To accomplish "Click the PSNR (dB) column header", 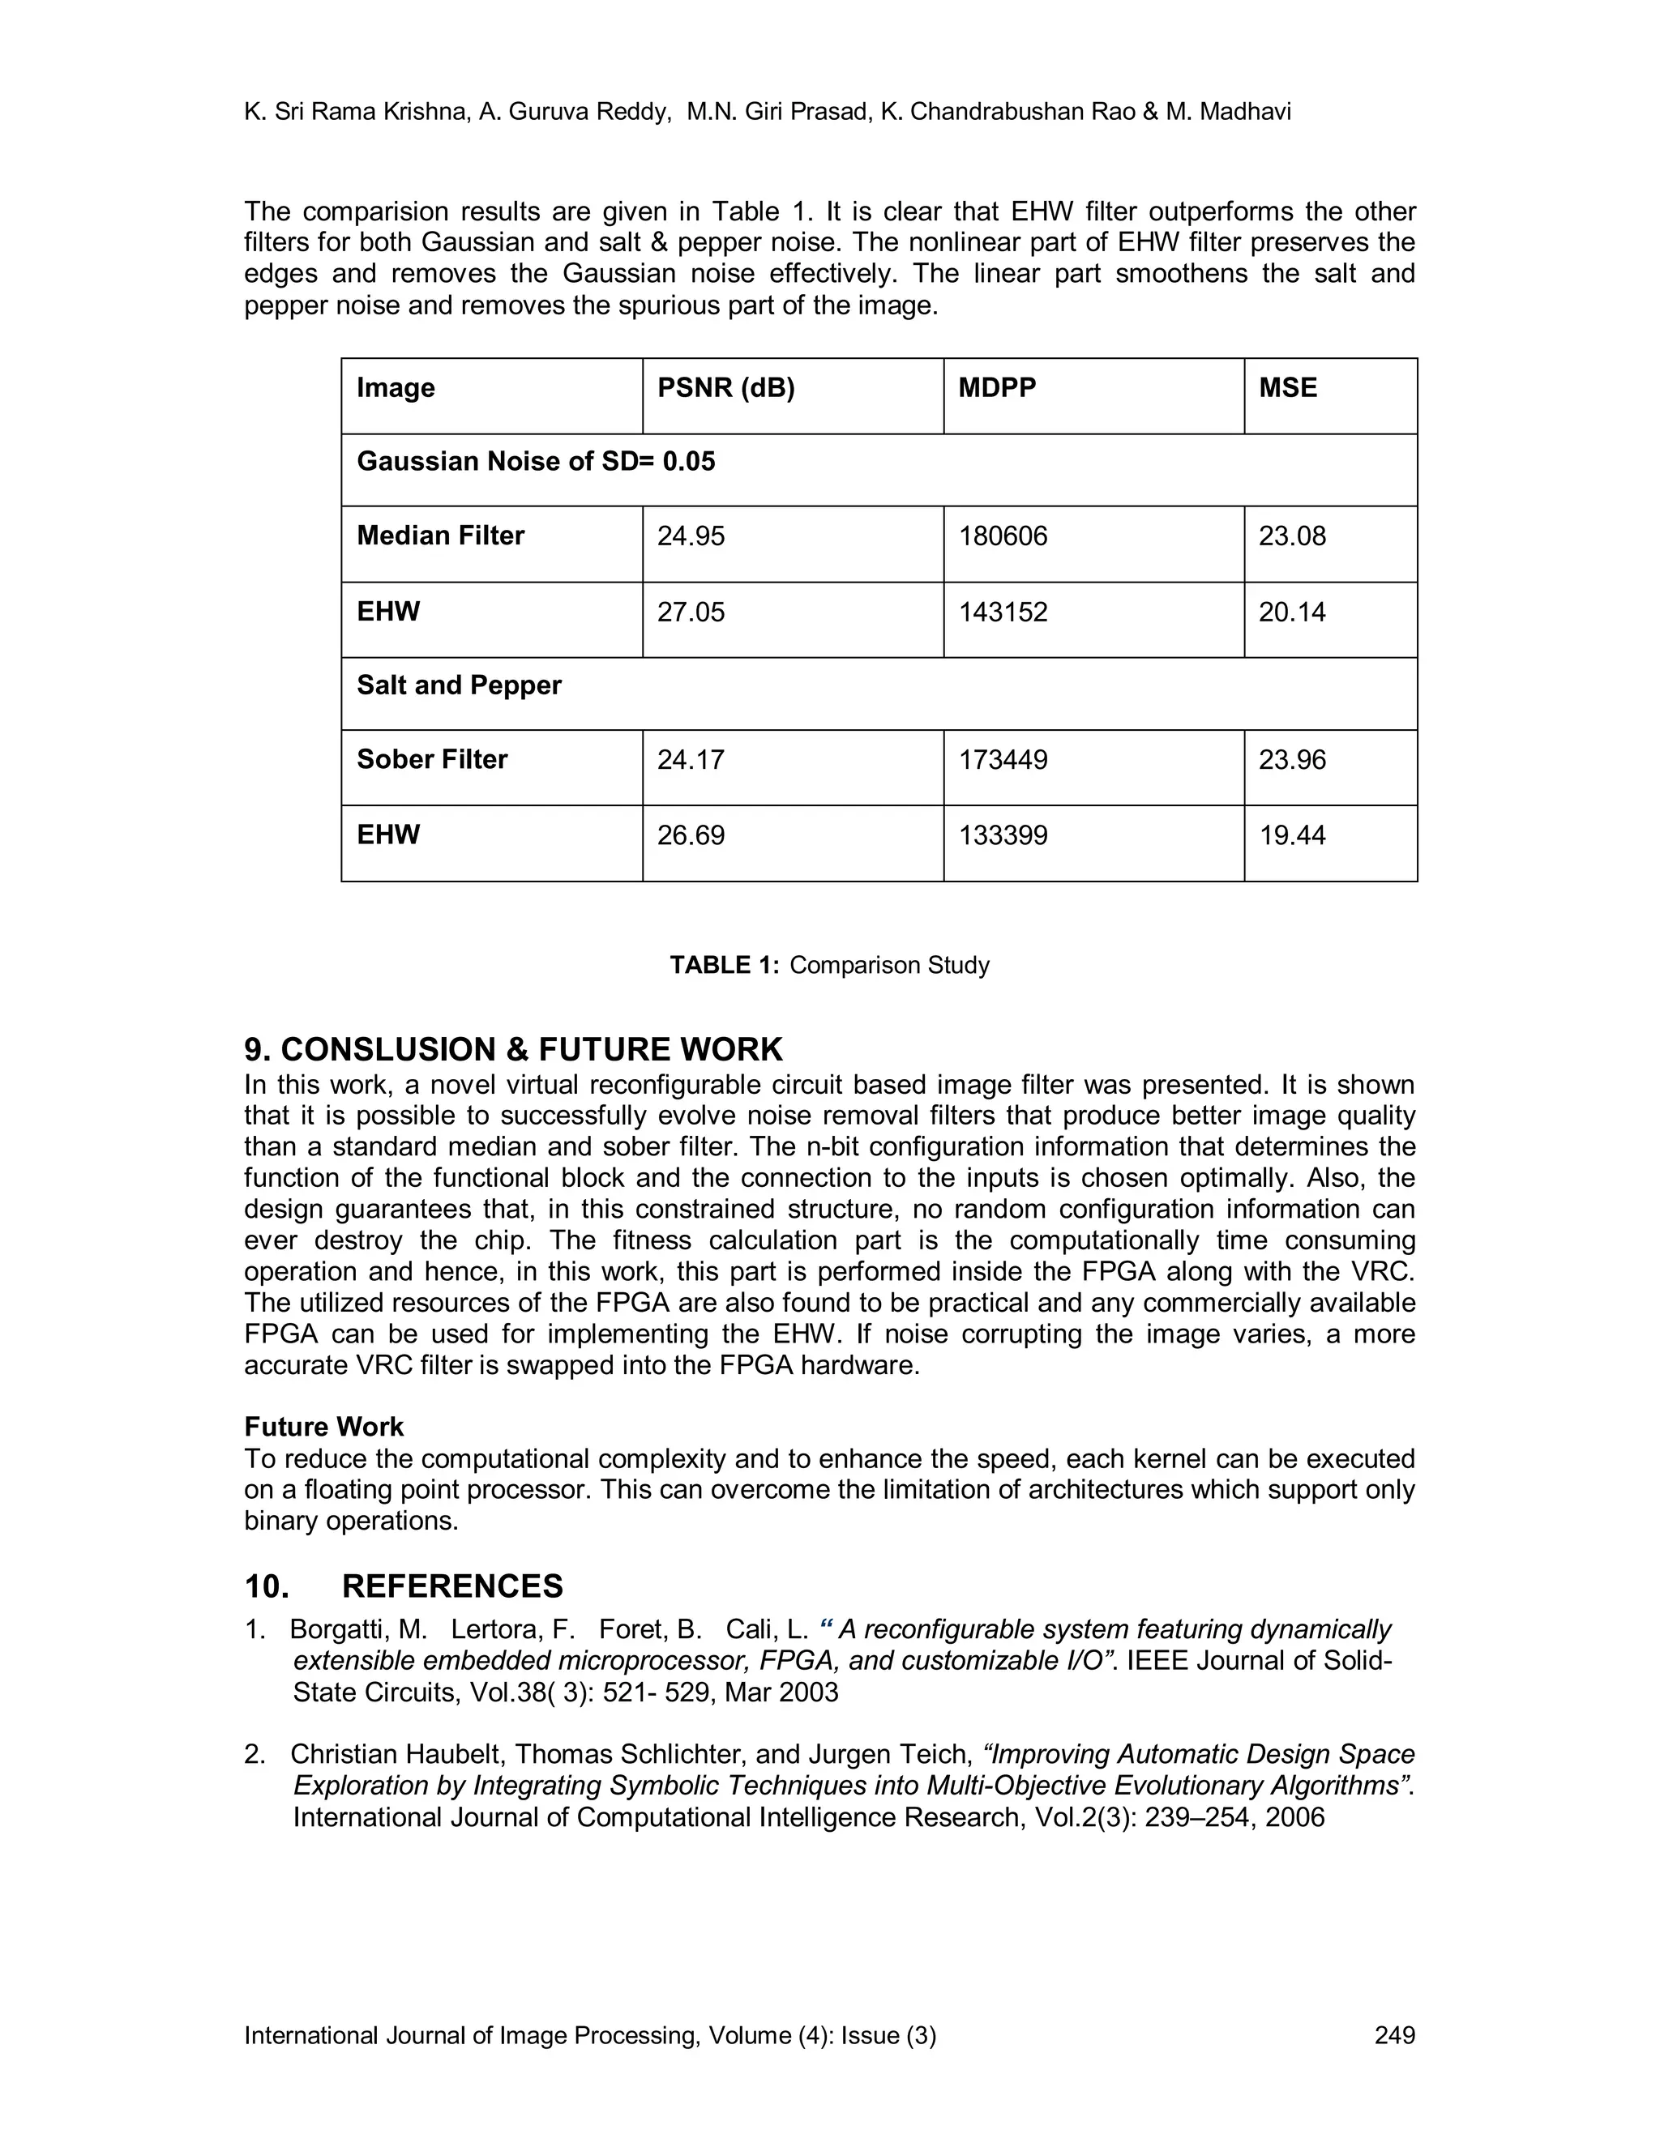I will pos(725,388).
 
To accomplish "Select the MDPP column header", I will pos(997,388).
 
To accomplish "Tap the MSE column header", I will pos(1287,388).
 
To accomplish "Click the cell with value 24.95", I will pos(691,536).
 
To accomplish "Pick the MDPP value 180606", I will pos(1003,536).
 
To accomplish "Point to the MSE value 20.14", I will pos(1292,613).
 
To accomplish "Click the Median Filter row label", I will pos(441,536).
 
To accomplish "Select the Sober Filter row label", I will pos(432,760).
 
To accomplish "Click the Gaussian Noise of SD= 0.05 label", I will pos(536,462).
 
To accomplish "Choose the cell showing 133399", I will pos(1003,835).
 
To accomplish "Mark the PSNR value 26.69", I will pos(691,835).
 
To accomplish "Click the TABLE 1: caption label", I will pos(725,966).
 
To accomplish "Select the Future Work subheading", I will pos(323,1427).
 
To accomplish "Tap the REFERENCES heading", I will pos(452,1586).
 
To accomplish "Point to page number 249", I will pos(1394,2035).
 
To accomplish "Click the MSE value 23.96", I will pos(1292,760).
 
